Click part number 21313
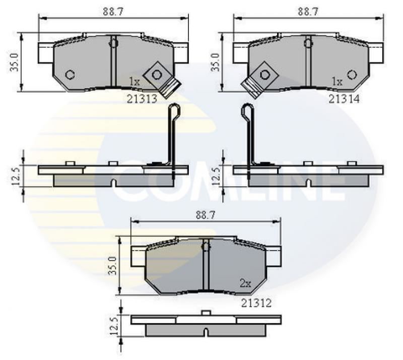[142, 99]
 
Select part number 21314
[344, 99]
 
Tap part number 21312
[256, 303]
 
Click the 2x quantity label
[245, 283]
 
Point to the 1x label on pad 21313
[134, 82]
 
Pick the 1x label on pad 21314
[337, 82]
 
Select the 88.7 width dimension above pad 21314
[308, 12]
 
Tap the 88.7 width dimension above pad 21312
[206, 215]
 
